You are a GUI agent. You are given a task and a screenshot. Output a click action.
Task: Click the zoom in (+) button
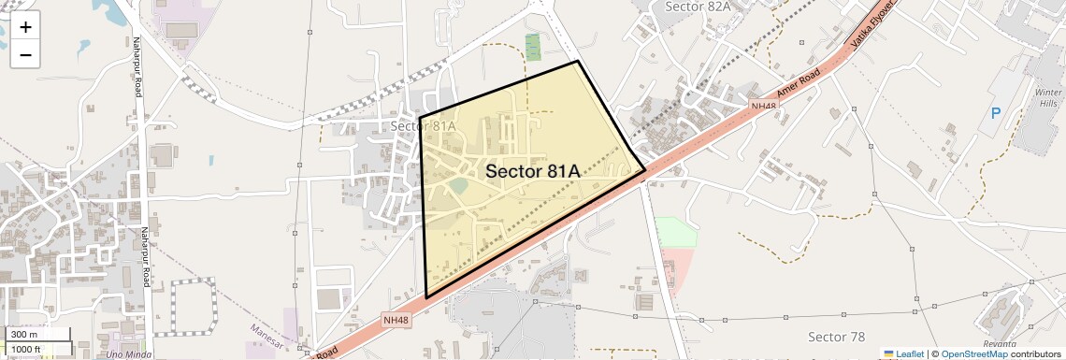tap(25, 27)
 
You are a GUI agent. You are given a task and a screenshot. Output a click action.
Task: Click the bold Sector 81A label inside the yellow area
tap(533, 171)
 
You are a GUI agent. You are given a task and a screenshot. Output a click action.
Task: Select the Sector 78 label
tap(836, 337)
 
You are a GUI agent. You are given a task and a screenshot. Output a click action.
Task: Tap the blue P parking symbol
tap(996, 114)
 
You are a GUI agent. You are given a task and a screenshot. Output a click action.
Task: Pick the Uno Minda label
tap(128, 354)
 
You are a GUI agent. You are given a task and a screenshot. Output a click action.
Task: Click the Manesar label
tap(266, 330)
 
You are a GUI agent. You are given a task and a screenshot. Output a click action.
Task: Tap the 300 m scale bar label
tap(24, 334)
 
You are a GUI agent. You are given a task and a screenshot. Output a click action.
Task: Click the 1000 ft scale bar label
tap(26, 349)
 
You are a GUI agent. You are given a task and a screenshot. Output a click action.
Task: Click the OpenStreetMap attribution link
tap(974, 353)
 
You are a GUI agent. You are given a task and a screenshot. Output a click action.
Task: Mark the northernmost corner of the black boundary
tap(578, 62)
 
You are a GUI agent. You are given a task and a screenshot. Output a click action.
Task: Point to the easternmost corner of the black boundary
tap(645, 171)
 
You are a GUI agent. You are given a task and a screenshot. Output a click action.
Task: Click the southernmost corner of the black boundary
tap(426, 298)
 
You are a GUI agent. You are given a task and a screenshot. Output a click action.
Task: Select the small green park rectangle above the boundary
tap(533, 47)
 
